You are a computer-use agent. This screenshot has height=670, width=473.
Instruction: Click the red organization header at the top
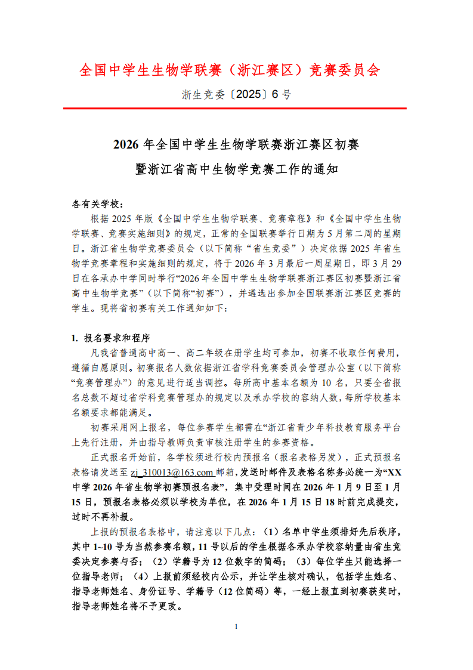click(230, 70)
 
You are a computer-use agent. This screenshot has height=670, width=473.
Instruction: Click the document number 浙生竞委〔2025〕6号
click(236, 94)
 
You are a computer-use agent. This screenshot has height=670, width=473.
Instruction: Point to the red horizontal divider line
click(236, 109)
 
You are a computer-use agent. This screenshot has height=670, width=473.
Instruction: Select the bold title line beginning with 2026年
click(236, 145)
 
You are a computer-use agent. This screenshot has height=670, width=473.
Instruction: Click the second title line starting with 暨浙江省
click(236, 169)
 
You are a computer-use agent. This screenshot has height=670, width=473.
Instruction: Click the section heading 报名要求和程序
click(114, 338)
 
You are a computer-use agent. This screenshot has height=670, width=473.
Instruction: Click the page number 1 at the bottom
click(237, 626)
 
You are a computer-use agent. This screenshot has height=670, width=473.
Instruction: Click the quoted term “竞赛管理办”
click(102, 382)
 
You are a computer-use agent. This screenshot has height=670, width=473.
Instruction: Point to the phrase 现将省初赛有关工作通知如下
click(161, 308)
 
